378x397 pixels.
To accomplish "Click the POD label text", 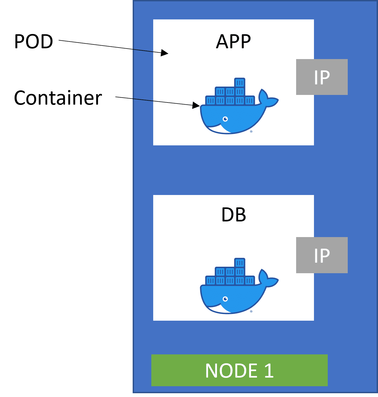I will tap(34, 42).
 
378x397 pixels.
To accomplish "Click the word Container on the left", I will tap(58, 98).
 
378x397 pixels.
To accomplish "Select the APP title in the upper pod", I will tap(233, 42).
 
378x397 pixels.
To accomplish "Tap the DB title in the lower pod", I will tap(233, 215).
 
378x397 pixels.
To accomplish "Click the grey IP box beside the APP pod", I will tap(322, 77).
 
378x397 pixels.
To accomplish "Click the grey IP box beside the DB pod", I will tap(322, 255).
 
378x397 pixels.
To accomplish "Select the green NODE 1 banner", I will tap(239, 370).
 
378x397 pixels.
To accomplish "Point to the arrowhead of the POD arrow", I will tap(165, 53).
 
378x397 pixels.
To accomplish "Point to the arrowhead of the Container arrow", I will tap(196, 105).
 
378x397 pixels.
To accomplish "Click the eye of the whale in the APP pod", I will tap(225, 119).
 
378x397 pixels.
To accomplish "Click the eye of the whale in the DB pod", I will tap(225, 299).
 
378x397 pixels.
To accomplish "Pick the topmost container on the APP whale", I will tap(240, 83).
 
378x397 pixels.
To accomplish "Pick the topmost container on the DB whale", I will tap(240, 262).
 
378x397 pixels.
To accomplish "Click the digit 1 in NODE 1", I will tap(269, 370).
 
